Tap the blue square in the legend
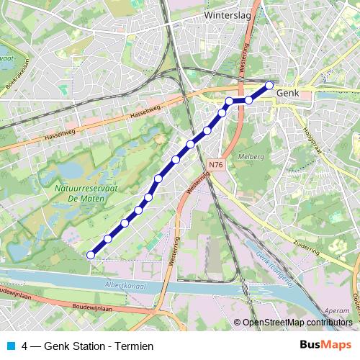(x=10, y=346)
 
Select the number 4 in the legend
(x=26, y=346)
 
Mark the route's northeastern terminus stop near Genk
(x=270, y=86)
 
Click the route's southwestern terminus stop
(x=91, y=254)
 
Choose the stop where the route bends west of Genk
(x=229, y=101)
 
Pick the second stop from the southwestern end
(x=108, y=238)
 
